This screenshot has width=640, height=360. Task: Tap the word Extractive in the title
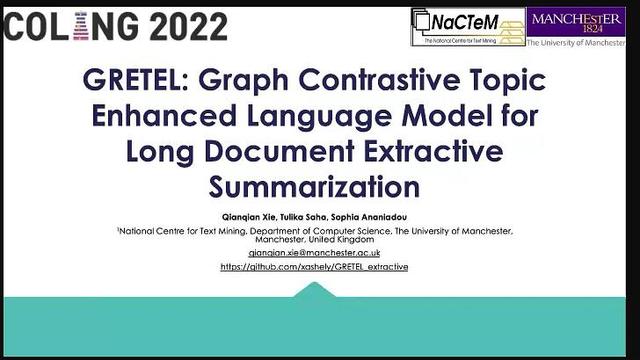click(436, 151)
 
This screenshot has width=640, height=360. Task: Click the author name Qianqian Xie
click(262, 216)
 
